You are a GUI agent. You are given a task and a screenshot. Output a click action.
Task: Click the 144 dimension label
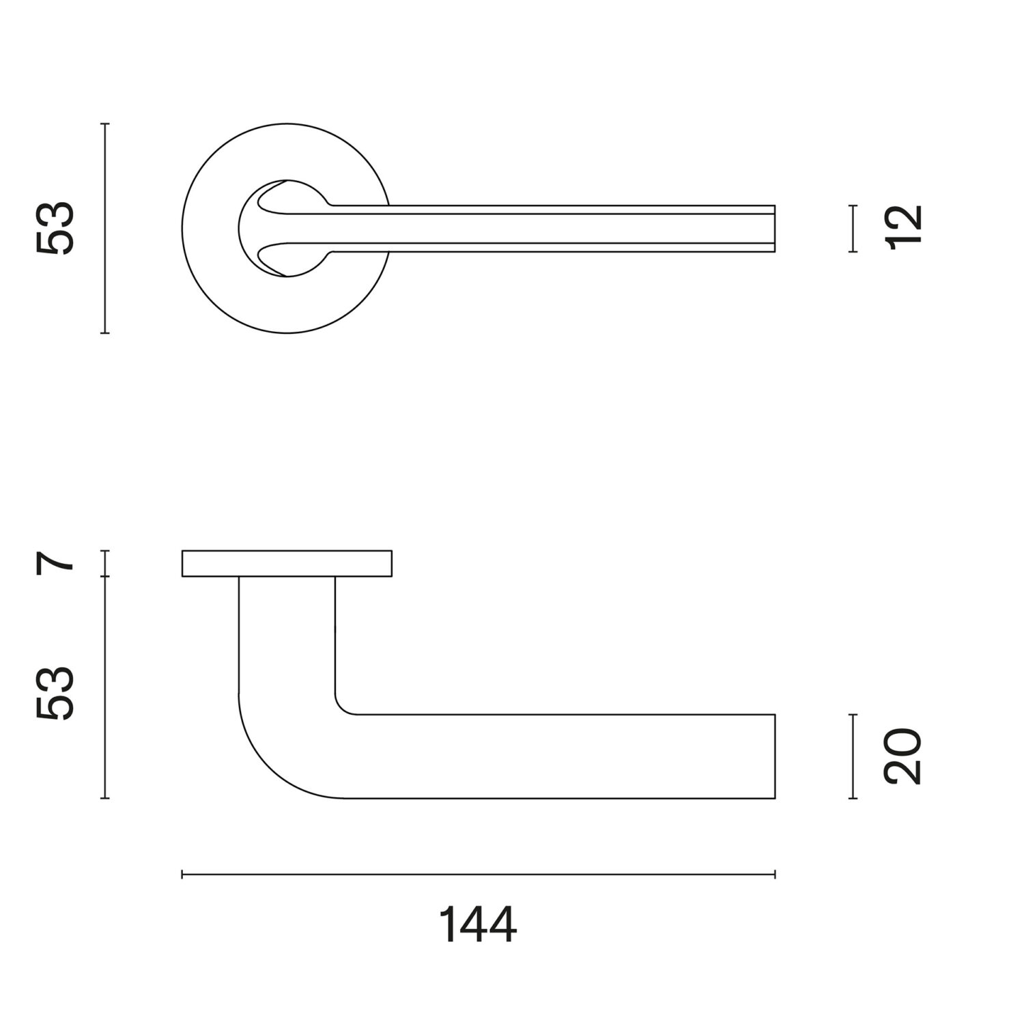477,926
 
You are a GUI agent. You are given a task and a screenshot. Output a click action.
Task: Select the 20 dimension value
902,756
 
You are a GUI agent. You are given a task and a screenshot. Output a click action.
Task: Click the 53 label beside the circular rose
54,229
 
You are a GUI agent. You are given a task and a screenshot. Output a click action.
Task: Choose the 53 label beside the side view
54,692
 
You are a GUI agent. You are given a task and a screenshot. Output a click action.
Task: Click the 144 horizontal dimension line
479,874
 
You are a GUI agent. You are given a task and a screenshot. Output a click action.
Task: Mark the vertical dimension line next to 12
853,229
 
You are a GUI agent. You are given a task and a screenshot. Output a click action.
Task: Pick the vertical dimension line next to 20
853,756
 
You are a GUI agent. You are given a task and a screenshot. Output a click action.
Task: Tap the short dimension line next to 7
104,563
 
